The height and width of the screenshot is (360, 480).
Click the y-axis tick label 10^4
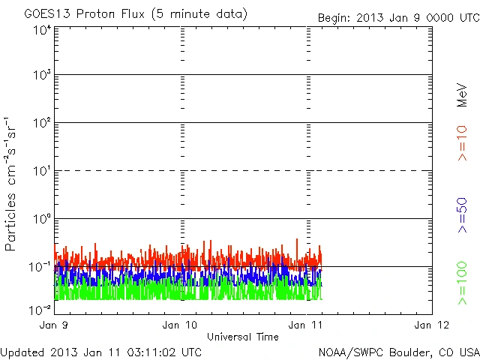click(42, 30)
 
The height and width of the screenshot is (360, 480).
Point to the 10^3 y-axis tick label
click(42, 75)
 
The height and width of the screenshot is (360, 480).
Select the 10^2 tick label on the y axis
click(42, 122)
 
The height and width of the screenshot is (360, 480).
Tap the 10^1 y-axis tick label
click(42, 170)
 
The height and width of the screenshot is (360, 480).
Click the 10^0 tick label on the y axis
click(42, 218)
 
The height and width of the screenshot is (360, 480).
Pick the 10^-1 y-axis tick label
click(40, 266)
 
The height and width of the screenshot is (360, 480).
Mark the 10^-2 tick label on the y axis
click(40, 309)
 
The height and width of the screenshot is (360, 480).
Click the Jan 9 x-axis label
click(55, 325)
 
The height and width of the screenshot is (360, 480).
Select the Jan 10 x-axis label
click(180, 325)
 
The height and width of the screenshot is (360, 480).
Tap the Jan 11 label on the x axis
click(306, 325)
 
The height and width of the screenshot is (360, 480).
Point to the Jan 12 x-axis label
click(431, 325)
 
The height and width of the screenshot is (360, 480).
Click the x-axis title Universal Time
click(242, 337)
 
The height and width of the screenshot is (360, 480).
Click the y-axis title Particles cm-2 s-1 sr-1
click(13, 184)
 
